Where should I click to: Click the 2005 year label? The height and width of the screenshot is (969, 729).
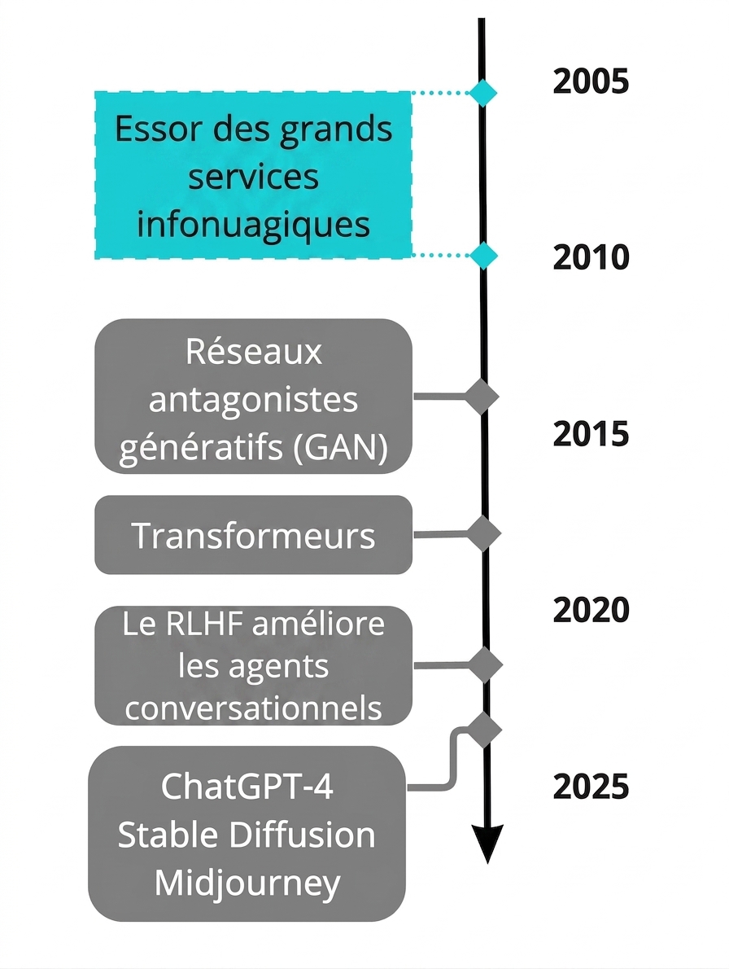591,81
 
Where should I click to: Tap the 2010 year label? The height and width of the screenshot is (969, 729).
591,257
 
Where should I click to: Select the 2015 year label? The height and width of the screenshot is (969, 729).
591,434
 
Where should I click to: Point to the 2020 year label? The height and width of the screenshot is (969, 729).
591,610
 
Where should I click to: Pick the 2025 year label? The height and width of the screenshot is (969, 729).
591,786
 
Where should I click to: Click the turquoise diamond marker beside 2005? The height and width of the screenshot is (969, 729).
482,94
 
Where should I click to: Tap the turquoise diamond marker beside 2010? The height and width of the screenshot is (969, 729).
482,255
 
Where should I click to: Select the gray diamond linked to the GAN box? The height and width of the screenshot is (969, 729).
482,396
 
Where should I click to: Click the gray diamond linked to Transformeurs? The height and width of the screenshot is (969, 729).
482,533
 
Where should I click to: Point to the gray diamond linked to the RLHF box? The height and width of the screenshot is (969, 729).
485,665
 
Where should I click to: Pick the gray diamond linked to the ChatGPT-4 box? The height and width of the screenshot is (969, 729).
484,730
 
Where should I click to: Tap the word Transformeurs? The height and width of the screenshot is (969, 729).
253,535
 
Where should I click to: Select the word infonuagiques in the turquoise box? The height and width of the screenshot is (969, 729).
253,224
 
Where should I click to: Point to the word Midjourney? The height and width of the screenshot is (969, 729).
247,883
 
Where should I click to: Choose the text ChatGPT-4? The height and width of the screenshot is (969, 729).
247,786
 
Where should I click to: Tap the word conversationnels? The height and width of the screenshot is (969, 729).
253,708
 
